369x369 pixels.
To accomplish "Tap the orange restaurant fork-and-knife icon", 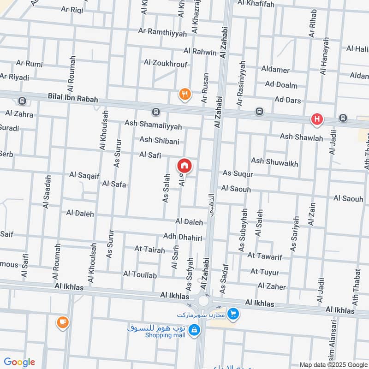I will [x=184, y=95].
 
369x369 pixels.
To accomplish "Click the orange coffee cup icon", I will [x=62, y=322].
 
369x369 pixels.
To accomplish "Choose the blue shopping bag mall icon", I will [x=195, y=329].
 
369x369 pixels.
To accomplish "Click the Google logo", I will [x=19, y=362].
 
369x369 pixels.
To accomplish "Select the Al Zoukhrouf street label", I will [x=166, y=63].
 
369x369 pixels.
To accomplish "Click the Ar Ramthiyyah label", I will [x=163, y=33].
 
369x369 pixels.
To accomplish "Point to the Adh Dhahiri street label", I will [x=183, y=237].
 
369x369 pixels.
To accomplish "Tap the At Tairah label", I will [x=149, y=250].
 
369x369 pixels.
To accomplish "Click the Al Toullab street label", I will [x=140, y=274].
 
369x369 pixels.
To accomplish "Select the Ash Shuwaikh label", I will [x=274, y=162].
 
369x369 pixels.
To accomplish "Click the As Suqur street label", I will [x=238, y=173].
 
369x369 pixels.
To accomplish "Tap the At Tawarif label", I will [x=265, y=255].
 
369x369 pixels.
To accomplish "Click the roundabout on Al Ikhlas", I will [x=203, y=301].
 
